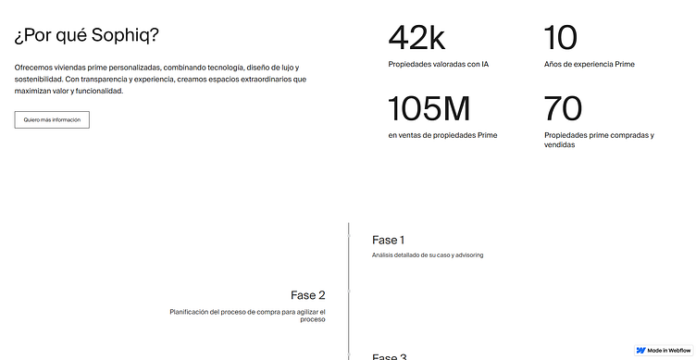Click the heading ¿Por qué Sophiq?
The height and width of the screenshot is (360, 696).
86,37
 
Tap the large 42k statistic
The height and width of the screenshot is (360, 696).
416,38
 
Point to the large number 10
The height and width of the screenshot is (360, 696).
561,38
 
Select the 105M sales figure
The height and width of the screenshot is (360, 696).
429,109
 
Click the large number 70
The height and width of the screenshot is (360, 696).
563,109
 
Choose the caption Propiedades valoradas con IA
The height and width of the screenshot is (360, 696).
438,64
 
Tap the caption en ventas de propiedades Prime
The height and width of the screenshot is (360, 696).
442,135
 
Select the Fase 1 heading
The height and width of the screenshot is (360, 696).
389,240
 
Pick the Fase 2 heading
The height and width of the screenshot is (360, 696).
308,295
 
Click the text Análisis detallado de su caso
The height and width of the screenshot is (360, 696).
428,255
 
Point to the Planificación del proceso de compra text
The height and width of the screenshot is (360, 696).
247,312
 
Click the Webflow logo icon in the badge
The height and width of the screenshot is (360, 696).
641,351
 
